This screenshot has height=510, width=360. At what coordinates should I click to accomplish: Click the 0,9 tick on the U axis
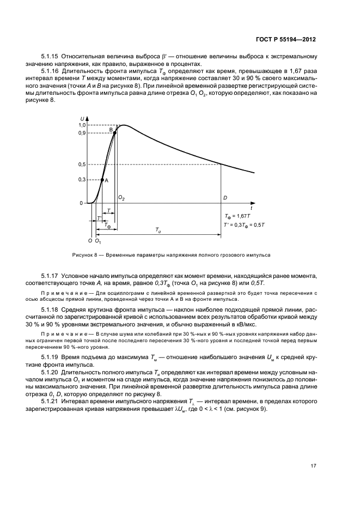coord(81,132)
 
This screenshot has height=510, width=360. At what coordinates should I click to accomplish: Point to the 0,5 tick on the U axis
coord(81,165)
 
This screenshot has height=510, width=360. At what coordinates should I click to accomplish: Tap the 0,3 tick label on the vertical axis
coord(81,179)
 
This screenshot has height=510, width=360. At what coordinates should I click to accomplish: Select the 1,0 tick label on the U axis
coord(81,125)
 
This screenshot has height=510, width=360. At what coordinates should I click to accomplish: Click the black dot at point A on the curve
coord(102,179)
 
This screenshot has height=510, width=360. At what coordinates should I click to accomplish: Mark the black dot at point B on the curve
coord(115,132)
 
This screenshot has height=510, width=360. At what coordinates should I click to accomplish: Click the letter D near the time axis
coord(224,198)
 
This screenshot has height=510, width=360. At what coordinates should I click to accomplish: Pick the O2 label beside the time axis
coord(121,198)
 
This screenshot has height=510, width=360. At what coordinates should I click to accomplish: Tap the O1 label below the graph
coord(98,240)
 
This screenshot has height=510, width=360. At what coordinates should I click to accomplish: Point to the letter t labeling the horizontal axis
coord(251,208)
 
